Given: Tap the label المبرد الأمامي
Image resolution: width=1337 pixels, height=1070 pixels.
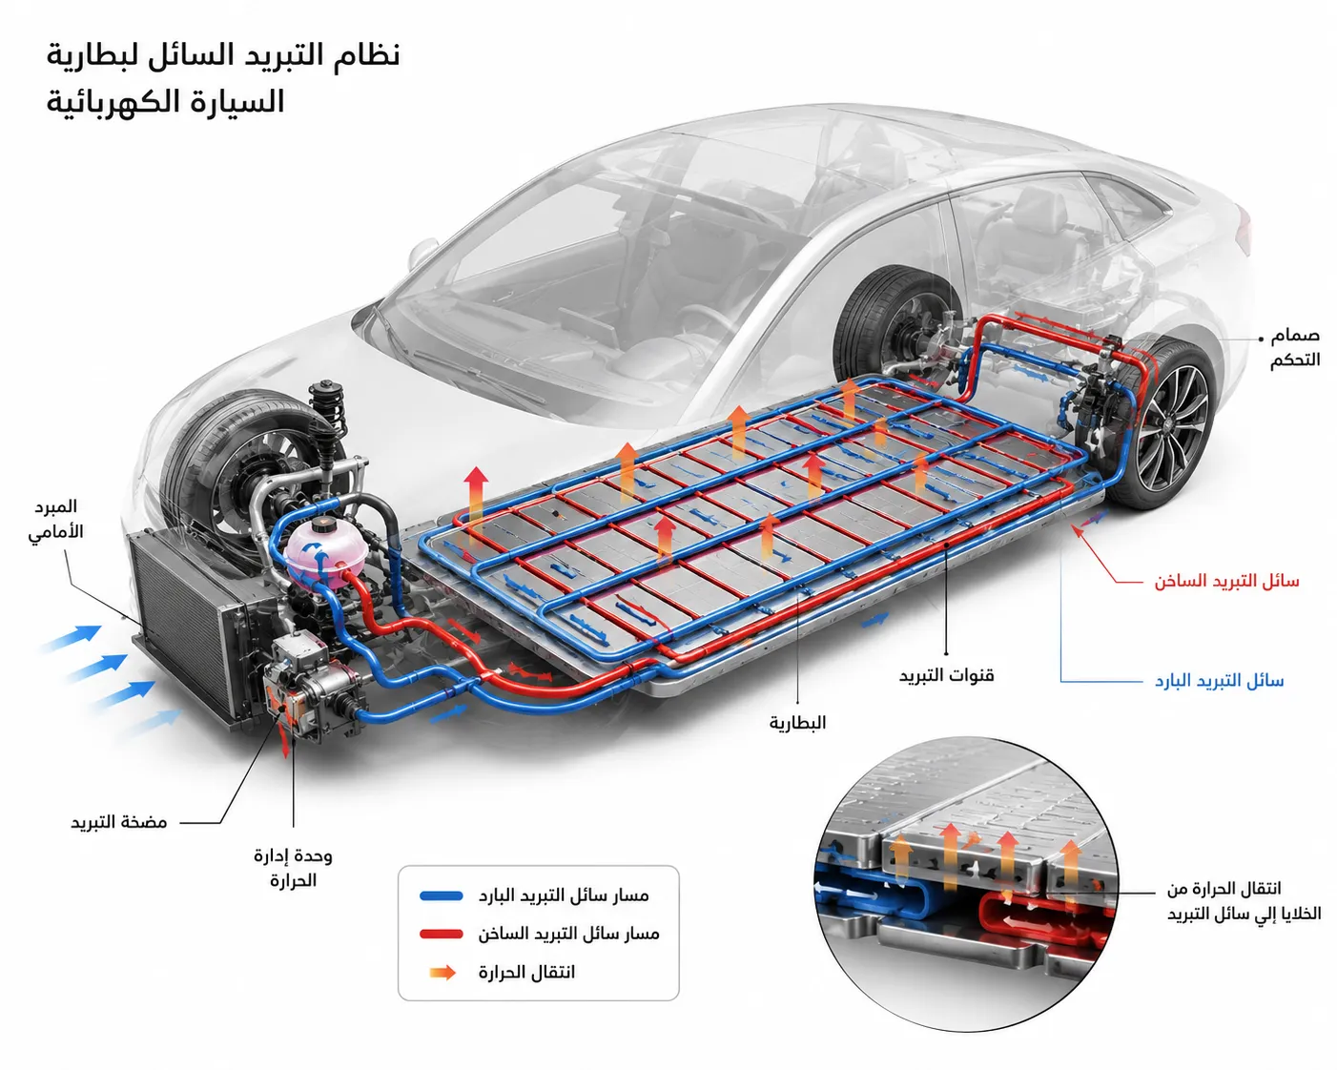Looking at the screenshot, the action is (x=56, y=519).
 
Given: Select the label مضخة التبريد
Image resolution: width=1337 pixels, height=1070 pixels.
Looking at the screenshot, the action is (x=118, y=823).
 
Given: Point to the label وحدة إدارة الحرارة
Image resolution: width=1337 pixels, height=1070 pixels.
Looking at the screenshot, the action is (x=293, y=868).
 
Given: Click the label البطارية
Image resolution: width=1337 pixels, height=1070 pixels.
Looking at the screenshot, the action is (x=798, y=723).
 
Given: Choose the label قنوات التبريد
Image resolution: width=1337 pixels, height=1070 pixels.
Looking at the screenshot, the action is (x=946, y=675).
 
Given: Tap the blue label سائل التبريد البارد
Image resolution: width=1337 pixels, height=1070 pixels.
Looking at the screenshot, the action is (x=1219, y=681).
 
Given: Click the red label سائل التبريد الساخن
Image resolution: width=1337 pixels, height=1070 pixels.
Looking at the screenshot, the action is (x=1226, y=582).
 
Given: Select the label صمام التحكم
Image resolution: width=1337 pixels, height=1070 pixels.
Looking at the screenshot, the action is (x=1295, y=348).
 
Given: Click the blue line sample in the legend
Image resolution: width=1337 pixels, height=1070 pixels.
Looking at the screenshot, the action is (x=442, y=896).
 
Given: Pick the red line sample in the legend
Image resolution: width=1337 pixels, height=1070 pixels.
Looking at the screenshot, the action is (x=442, y=934).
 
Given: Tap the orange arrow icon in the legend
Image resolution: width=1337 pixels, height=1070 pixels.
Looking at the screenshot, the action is (x=442, y=973).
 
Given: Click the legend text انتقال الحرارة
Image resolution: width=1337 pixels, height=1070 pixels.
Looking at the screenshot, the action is (x=526, y=973).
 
